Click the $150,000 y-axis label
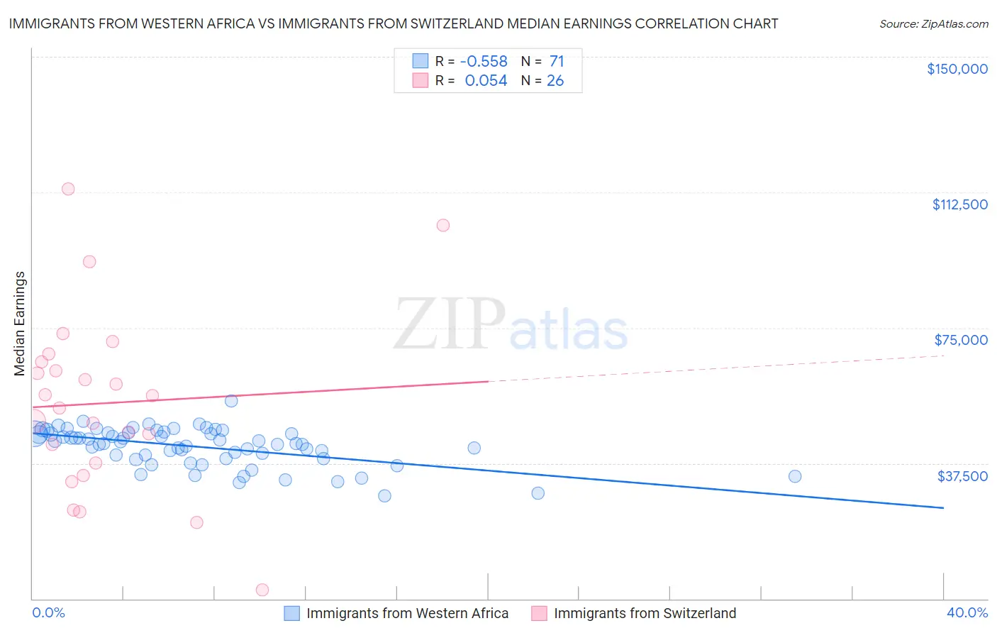[x=957, y=69]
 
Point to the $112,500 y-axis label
[x=959, y=204]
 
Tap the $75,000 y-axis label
[x=960, y=340]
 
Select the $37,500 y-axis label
[x=962, y=476]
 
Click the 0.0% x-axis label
[x=48, y=613]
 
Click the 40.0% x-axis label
[x=967, y=613]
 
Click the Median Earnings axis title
[x=20, y=324]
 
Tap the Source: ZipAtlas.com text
[x=933, y=24]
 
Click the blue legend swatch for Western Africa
[x=291, y=613]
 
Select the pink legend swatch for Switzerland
[x=539, y=613]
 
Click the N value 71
[x=557, y=62]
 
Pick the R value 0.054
[x=486, y=81]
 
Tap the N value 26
[x=555, y=81]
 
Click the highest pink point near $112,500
[x=68, y=189]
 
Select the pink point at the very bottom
[x=262, y=590]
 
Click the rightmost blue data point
[x=795, y=476]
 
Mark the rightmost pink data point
[x=443, y=225]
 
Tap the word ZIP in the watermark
[x=449, y=325]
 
